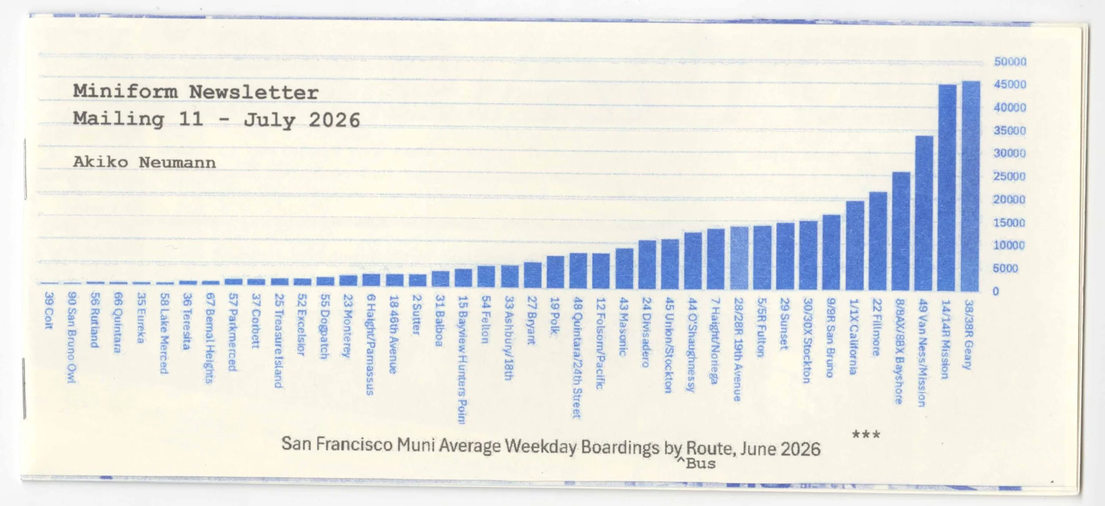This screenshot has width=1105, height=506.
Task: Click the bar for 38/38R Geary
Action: (971, 186)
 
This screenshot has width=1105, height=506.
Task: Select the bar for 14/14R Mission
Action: (947, 188)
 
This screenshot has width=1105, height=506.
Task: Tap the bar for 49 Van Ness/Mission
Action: (924, 213)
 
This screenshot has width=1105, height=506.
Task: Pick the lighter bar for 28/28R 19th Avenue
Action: (739, 259)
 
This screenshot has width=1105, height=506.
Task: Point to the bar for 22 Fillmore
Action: (878, 241)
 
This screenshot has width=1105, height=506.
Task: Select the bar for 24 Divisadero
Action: (647, 265)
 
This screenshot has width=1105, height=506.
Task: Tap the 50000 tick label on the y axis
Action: (1010, 61)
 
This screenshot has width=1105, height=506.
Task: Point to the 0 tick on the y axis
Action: (995, 291)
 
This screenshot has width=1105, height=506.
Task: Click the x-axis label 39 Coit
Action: (49, 311)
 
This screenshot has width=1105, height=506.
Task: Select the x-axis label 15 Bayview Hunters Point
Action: (462, 360)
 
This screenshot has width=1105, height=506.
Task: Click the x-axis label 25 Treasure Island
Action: (278, 341)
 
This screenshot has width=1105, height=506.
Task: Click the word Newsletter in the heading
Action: (254, 92)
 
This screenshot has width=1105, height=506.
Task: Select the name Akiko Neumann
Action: (145, 162)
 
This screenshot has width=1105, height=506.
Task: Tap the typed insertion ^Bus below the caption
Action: (696, 464)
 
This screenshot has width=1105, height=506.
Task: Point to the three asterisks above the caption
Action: (866, 435)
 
